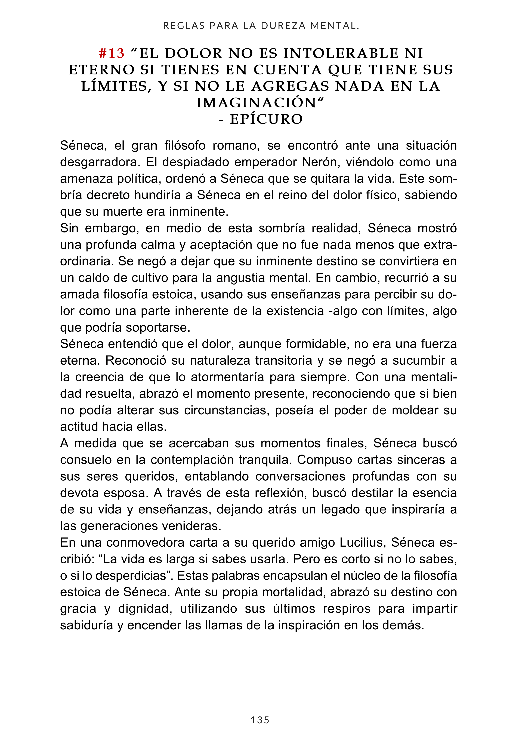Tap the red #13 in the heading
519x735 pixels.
pos(112,53)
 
